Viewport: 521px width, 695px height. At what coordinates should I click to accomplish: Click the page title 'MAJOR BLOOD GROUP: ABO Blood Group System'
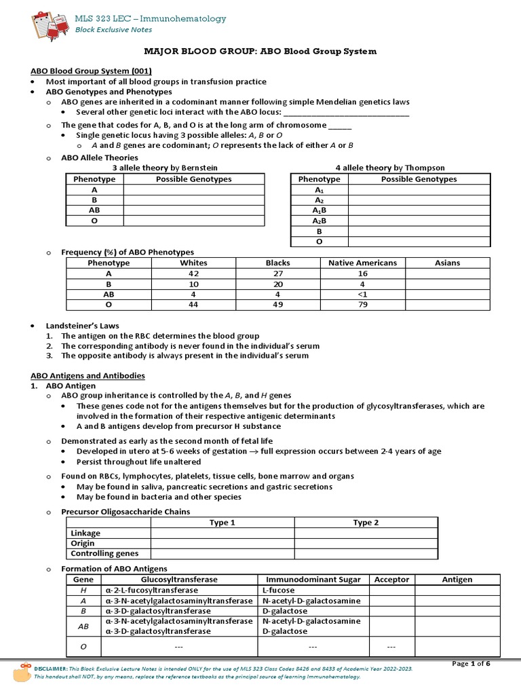pyautogui.click(x=260, y=52)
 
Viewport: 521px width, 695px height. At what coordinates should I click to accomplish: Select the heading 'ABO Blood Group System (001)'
pyautogui.click(x=92, y=71)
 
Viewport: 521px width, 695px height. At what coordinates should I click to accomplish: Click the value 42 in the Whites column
pyautogui.click(x=194, y=274)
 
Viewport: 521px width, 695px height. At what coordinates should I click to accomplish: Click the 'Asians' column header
pyautogui.click(x=447, y=263)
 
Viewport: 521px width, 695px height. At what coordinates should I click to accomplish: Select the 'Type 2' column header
pyautogui.click(x=366, y=523)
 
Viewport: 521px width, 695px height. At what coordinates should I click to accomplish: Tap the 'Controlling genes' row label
pyautogui.click(x=96, y=554)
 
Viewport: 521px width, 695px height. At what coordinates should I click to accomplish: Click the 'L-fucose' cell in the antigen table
pyautogui.click(x=277, y=590)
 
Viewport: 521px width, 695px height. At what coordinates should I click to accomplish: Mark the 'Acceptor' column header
pyautogui.click(x=391, y=580)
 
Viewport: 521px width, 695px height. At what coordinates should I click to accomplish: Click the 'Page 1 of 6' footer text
pyautogui.click(x=474, y=663)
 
